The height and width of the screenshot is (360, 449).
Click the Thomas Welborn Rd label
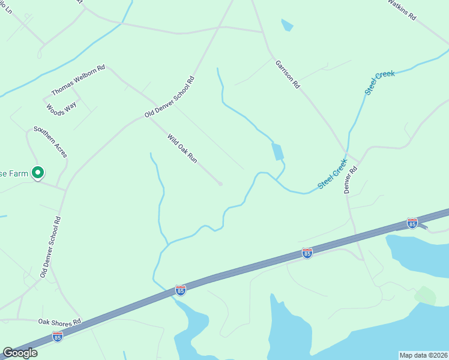click(x=78, y=80)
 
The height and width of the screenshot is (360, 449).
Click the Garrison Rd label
click(x=288, y=74)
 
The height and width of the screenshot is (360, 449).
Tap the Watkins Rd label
click(x=402, y=10)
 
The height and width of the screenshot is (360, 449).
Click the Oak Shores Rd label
click(x=59, y=322)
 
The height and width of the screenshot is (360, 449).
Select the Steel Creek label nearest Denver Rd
click(x=333, y=173)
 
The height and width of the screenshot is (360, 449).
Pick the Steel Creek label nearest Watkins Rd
click(x=380, y=82)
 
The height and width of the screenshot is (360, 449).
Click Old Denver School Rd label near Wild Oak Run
click(x=170, y=97)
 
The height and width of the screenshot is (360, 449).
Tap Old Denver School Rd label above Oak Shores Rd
click(x=51, y=247)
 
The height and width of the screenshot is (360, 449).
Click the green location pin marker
click(x=38, y=173)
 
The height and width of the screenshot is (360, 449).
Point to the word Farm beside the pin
click(x=16, y=173)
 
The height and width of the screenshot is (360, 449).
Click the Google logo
click(x=20, y=353)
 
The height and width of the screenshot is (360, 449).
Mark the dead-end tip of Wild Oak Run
click(x=220, y=184)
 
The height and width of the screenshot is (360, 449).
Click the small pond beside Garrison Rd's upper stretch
click(x=287, y=25)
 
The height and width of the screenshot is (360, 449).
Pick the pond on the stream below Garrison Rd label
click(x=278, y=151)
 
